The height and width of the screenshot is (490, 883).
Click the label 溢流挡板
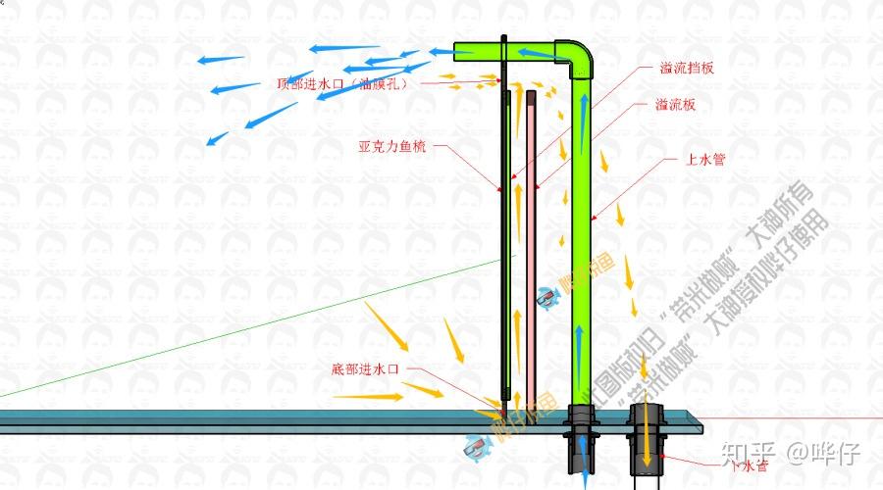coord(687,69)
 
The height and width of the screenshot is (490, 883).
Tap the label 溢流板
coord(675,105)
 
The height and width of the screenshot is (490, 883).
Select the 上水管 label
coord(705,159)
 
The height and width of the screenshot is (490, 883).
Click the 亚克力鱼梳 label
coord(391,148)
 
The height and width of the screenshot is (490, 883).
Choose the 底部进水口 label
coord(366,369)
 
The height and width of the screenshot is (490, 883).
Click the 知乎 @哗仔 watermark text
coord(790,453)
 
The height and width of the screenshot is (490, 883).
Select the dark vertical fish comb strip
coord(503,245)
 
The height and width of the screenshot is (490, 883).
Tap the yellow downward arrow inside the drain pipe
coord(648,446)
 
